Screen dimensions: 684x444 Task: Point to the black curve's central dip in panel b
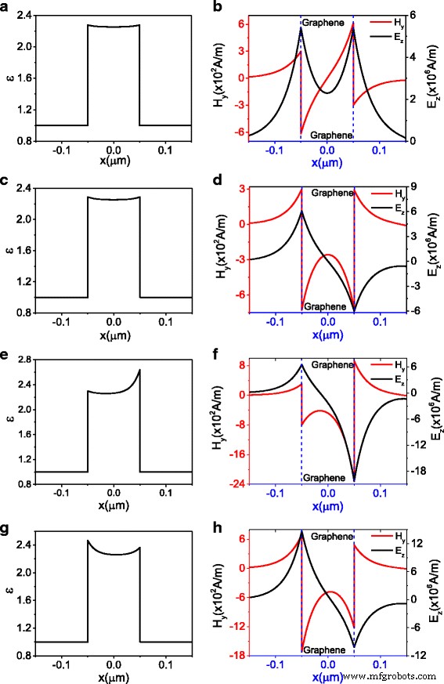point(327,92)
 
